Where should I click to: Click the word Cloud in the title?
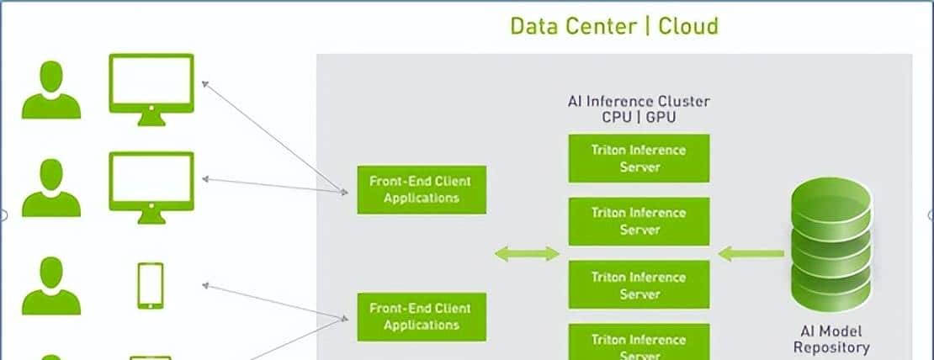click(x=687, y=26)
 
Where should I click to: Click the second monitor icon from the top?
click(x=151, y=186)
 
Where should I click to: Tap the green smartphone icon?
click(x=151, y=285)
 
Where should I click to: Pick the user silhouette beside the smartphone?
click(x=52, y=286)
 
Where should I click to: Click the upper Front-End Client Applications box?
click(x=421, y=189)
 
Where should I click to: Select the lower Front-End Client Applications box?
click(x=421, y=316)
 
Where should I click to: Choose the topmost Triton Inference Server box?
click(x=639, y=158)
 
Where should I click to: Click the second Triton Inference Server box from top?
click(x=639, y=221)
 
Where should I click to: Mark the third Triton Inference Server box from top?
click(x=639, y=285)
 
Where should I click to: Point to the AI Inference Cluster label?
click(x=639, y=102)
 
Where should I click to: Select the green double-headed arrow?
click(x=527, y=253)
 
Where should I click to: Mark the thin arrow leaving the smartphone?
click(x=273, y=301)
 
